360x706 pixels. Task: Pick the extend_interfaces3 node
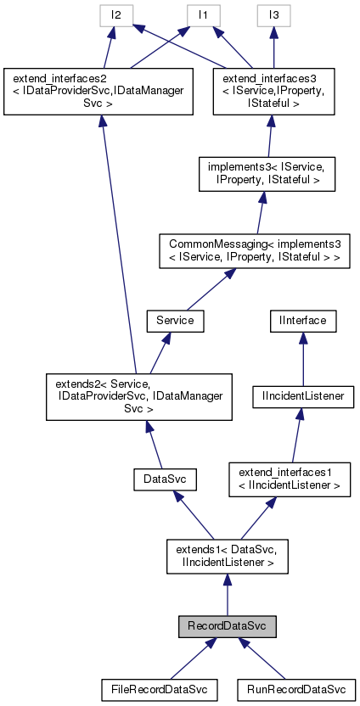point(270,89)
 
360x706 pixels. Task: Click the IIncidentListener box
point(301,395)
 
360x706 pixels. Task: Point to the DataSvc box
point(165,481)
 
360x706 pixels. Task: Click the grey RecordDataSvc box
point(226,627)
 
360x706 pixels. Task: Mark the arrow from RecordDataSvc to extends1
point(226,594)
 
